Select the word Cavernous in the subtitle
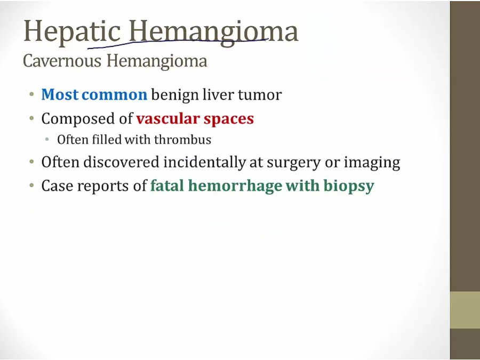point(62,60)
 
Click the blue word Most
point(60,94)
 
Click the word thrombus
point(182,140)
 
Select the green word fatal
point(167,186)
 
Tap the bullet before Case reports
point(31,186)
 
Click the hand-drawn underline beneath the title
point(178,42)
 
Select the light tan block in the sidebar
point(465,310)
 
